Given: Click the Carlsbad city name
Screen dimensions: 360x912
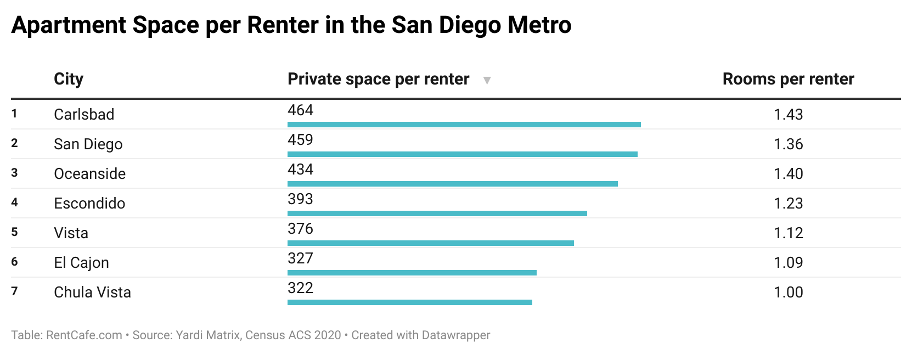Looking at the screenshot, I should [x=84, y=114].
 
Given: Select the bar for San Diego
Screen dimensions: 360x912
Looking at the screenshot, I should [x=462, y=154].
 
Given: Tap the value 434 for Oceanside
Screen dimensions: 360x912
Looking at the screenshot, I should [x=300, y=170].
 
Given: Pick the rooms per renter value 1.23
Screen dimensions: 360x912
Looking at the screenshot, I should [x=788, y=203].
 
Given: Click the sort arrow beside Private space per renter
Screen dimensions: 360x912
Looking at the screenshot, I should [x=486, y=80].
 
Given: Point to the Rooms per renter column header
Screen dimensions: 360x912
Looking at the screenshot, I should [x=788, y=79].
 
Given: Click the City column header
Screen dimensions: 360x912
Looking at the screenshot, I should [x=69, y=79].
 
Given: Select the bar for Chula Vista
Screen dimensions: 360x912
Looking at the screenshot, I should [x=409, y=302].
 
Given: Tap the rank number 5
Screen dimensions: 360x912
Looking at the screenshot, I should [x=14, y=232].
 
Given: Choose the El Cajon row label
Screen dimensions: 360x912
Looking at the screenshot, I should [x=81, y=262].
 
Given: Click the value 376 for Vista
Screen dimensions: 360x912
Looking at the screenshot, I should [x=300, y=229].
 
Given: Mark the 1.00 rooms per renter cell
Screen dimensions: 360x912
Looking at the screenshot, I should [x=788, y=292].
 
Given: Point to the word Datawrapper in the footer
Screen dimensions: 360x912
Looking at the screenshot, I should [x=455, y=335].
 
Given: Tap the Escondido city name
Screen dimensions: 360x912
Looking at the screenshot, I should [x=89, y=203].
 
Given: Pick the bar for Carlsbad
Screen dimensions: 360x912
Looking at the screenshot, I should [x=464, y=125].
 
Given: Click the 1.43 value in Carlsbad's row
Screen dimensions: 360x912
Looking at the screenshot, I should [x=788, y=114].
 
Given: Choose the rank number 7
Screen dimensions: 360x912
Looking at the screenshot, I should [x=14, y=291].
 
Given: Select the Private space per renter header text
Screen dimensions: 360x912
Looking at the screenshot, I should [x=378, y=79].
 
